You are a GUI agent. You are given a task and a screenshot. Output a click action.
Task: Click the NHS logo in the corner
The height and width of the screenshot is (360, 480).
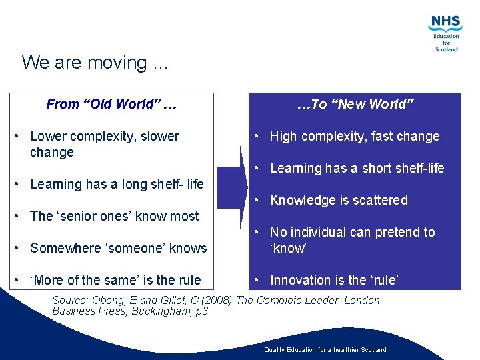coord(446,23)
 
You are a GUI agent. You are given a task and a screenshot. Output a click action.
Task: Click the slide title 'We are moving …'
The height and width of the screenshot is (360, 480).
coord(95,63)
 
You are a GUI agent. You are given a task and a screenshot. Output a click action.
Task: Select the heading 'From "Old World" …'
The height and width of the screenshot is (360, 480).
coord(111,104)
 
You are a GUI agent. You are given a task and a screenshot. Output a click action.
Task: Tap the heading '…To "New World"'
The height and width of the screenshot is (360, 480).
coord(355,104)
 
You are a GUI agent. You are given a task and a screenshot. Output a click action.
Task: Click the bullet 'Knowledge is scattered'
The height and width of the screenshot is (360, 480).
coord(339,200)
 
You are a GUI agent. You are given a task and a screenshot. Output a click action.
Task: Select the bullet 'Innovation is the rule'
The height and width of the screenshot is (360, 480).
coord(333,280)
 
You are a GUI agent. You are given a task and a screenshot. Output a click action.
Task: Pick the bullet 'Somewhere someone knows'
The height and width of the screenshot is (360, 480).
coord(118,248)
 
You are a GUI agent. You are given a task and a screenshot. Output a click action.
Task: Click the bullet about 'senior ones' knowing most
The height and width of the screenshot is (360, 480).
coord(114,216)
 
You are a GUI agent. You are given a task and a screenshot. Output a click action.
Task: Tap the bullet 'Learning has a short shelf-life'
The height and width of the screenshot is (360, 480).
coord(357,168)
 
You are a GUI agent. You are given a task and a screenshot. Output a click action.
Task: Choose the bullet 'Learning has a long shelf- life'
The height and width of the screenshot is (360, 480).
coord(117,184)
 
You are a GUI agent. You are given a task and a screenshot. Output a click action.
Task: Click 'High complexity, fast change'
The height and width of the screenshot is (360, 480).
coord(354,136)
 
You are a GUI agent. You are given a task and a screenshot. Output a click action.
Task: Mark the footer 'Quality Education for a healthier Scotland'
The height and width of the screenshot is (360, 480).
coord(325,349)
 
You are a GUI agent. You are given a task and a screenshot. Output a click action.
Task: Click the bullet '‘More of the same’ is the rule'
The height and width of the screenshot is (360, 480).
coord(115,280)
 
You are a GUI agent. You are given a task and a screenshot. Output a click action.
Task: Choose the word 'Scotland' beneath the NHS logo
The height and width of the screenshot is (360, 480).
coord(446,49)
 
